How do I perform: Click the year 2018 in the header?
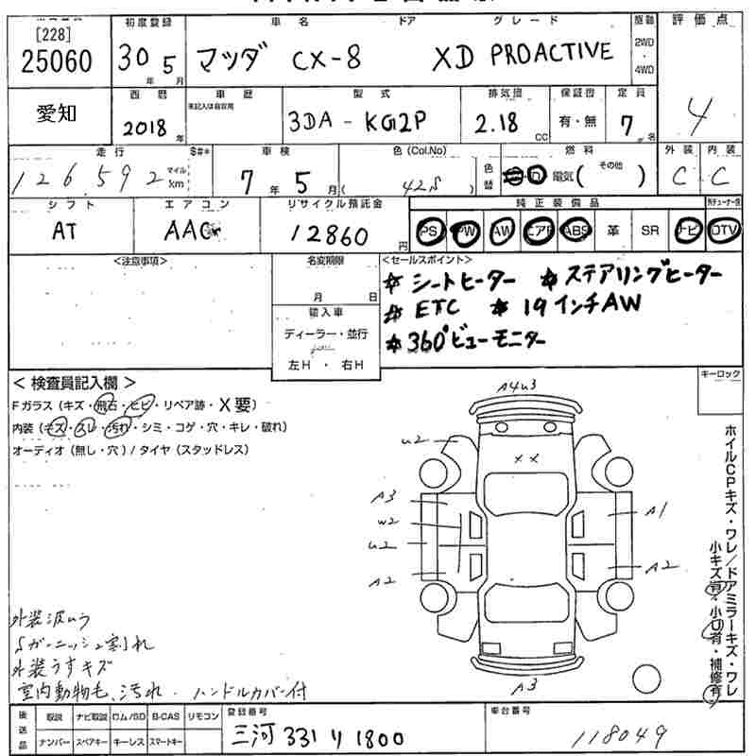pos(145,128)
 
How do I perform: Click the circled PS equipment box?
pos(429,232)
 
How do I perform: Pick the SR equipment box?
pos(649,232)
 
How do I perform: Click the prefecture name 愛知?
pos(57,112)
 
